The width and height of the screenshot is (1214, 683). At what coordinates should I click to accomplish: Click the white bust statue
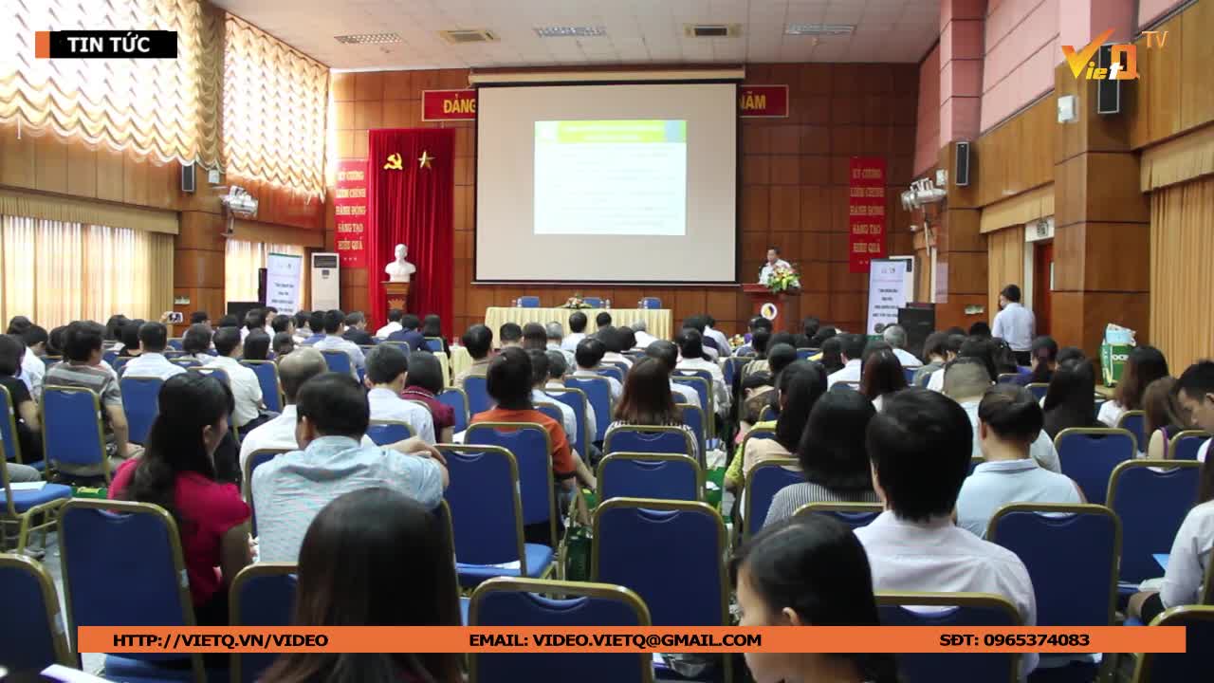point(400,264)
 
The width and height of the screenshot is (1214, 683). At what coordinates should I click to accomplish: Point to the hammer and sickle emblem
point(394,161)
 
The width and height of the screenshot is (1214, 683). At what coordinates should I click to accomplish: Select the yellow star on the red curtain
point(425,159)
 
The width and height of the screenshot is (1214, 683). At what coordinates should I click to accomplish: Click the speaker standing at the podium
point(772,266)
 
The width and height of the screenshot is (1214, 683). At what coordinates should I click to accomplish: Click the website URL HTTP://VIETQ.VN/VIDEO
point(220,640)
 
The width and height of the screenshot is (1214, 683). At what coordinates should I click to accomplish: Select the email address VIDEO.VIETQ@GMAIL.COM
point(615,640)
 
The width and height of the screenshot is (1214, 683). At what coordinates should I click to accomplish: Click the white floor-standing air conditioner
point(324,281)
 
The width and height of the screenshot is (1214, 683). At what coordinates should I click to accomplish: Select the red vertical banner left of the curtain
point(351,212)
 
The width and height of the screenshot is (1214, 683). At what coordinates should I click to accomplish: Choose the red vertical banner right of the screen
point(867,214)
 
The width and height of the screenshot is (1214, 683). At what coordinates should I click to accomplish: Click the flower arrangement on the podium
point(783,279)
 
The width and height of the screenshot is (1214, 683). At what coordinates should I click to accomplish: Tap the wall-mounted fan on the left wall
point(237,201)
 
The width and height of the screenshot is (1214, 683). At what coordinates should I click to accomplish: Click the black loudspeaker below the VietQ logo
point(1108,93)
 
